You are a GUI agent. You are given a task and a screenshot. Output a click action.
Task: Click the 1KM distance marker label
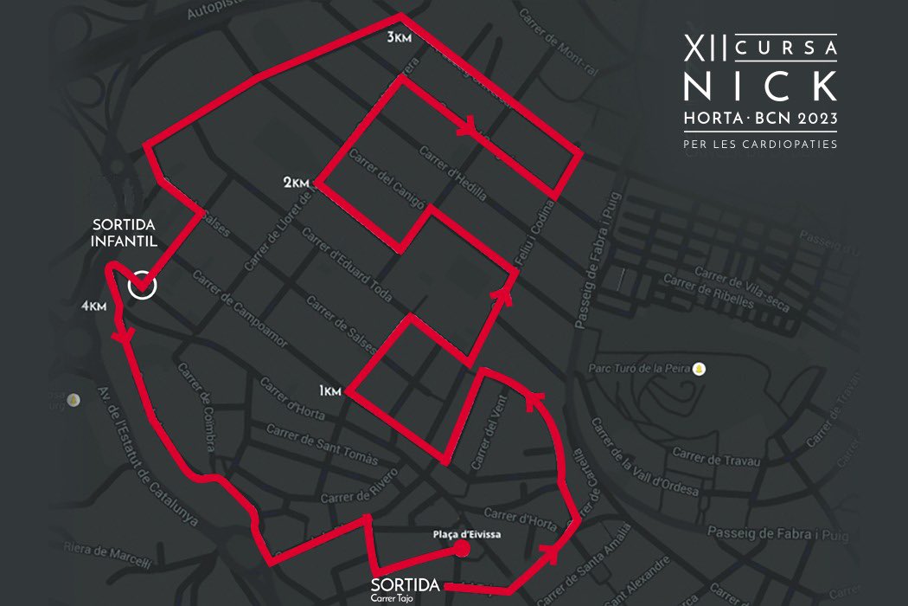point(330,392)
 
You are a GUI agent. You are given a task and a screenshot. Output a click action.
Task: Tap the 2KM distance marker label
point(296,183)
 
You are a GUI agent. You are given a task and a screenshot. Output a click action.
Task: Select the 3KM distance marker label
point(400,37)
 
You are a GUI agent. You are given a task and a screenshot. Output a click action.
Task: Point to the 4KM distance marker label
point(93,306)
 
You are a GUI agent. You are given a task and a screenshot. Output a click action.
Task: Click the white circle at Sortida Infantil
point(143,285)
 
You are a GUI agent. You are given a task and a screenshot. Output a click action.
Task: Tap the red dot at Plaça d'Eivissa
point(463,548)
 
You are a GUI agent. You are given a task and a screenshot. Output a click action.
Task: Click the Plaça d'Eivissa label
point(467,534)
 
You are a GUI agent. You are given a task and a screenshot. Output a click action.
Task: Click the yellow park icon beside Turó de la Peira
point(699,370)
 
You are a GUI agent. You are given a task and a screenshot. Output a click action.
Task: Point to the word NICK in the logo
point(760,86)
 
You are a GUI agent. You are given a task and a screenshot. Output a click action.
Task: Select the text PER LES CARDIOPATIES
point(760,145)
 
